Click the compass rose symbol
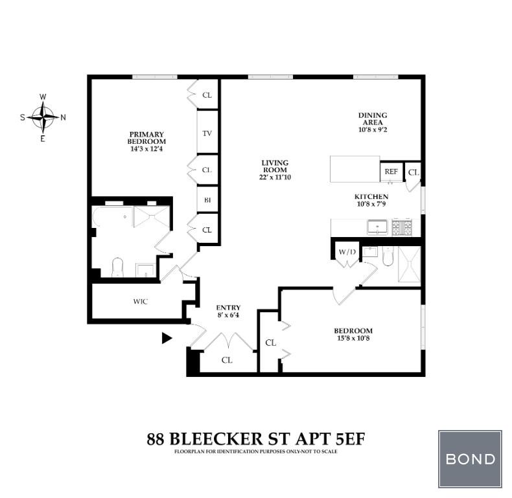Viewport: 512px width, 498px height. tap(43, 117)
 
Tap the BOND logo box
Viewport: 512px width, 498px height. tap(470, 459)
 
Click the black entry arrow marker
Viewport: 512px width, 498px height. tap(167, 337)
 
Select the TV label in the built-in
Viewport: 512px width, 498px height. tap(207, 133)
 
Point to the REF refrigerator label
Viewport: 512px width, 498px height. tap(391, 172)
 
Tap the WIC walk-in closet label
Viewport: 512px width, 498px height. tap(141, 302)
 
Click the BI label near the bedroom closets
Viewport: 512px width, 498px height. tap(207, 200)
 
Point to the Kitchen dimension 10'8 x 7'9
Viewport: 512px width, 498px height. tap(371, 205)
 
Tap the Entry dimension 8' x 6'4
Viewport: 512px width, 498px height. tap(228, 315)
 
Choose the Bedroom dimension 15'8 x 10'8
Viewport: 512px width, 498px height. tap(353, 339)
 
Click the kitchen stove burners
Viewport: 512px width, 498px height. tap(401, 227)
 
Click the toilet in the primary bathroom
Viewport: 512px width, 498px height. tap(118, 267)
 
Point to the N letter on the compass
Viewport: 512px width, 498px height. tap(63, 118)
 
